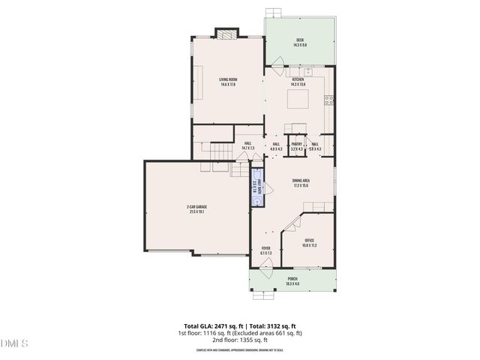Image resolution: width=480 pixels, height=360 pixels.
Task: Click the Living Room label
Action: click(x=228, y=82)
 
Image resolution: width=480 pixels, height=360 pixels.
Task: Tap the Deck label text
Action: click(x=299, y=42)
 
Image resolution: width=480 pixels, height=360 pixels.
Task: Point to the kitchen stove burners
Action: click(x=328, y=100)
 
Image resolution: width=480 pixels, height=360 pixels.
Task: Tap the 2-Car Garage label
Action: click(x=197, y=209)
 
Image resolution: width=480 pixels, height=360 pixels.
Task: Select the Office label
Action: click(x=309, y=242)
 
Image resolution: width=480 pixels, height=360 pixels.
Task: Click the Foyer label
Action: click(x=265, y=250)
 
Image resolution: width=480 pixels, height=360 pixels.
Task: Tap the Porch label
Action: click(x=292, y=281)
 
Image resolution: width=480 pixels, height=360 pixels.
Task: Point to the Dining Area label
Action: click(x=301, y=183)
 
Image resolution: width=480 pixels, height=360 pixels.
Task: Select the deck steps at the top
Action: click(x=274, y=12)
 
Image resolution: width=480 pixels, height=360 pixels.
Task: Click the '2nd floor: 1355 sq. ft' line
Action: click(x=239, y=340)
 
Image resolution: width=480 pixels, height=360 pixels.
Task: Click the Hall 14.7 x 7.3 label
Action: click(x=248, y=146)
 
